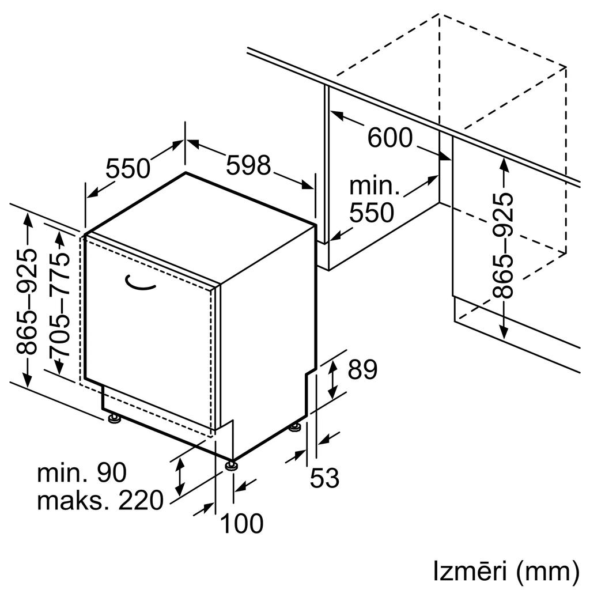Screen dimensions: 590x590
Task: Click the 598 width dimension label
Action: coord(248,165)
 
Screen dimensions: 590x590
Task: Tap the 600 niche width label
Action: coord(390,137)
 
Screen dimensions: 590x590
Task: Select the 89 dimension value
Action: coord(362,369)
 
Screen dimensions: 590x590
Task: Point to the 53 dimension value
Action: coord(324,478)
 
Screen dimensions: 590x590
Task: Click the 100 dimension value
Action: coord(241,523)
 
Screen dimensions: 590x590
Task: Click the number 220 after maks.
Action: coord(141,500)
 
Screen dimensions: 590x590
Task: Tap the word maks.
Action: coord(73,500)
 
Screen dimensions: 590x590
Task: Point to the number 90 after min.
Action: coord(112,473)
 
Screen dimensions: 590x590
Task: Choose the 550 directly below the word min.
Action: coord(372,213)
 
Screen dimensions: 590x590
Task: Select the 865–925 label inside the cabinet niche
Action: coord(502,245)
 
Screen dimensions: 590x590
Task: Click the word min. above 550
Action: coord(375,186)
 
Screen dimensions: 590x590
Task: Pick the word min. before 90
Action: coord(62,473)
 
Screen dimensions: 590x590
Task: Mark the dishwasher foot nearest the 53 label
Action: coord(295,428)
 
